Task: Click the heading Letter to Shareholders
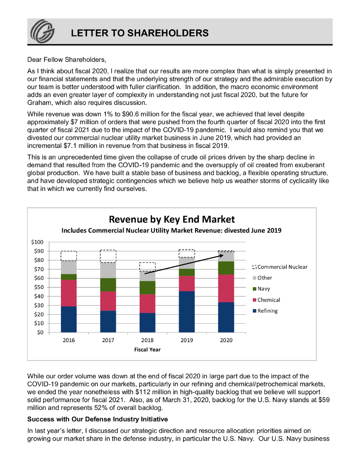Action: click(x=140, y=33)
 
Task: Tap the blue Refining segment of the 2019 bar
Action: click(x=186, y=311)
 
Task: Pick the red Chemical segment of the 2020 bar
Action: click(x=226, y=288)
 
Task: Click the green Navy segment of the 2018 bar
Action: click(x=147, y=287)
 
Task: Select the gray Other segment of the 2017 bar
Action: click(x=108, y=270)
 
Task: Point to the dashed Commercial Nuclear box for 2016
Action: click(x=69, y=256)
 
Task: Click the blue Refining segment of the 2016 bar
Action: click(x=69, y=319)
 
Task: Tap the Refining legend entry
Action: click(x=267, y=311)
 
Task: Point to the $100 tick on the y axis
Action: click(x=37, y=242)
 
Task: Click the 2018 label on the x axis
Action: click(x=147, y=340)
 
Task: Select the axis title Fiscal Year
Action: click(x=147, y=349)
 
